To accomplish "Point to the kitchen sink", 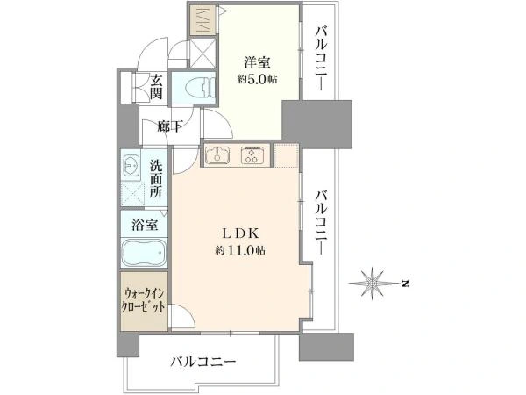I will tap(217, 156).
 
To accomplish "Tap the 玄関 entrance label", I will tap(156, 86).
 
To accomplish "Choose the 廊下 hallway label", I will tap(170, 126).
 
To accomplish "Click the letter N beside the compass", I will tap(405, 283).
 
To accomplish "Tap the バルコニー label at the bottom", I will tap(203, 362).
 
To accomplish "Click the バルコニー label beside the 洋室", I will tap(320, 61).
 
